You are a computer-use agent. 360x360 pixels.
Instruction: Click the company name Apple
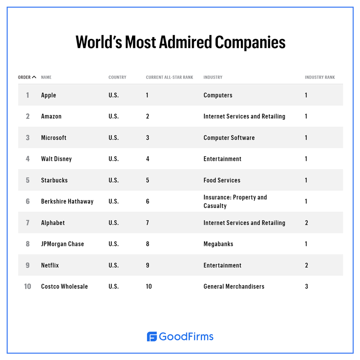[48, 95]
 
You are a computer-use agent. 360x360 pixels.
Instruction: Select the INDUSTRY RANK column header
[320, 77]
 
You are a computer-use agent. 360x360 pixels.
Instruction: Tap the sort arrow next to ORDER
[34, 77]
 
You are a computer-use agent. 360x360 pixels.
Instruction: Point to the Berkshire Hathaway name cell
[67, 201]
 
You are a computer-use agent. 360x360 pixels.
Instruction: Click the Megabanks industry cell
[218, 244]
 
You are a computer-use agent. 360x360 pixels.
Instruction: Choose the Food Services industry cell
[222, 180]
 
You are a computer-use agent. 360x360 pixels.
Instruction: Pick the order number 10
[28, 286]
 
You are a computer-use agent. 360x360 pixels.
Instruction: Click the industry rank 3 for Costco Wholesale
[306, 286]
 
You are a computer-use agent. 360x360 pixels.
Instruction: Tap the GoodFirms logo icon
[152, 336]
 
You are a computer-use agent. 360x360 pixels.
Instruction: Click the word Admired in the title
[185, 42]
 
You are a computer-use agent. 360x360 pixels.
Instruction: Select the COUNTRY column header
[117, 77]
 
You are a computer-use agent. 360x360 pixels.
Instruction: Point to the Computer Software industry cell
[229, 138]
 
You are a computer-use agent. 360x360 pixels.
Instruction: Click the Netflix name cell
[50, 265]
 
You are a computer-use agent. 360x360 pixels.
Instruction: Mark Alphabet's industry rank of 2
[306, 223]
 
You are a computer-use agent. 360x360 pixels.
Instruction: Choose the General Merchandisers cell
[234, 286]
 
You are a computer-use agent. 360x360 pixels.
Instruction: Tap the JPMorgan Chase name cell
[62, 244]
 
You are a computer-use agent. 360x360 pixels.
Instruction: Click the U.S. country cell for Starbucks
[114, 180]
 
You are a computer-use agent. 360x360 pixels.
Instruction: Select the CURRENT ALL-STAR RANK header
[169, 77]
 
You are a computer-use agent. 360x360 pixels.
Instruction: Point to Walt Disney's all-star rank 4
[148, 159]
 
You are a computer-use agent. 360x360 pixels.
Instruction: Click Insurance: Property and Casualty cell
[235, 201]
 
